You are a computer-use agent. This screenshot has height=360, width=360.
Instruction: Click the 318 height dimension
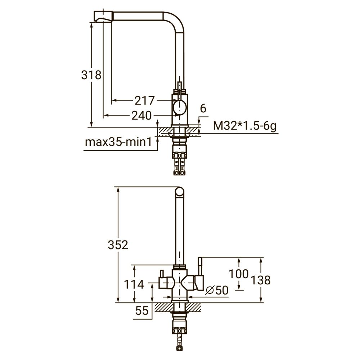pos(91,75)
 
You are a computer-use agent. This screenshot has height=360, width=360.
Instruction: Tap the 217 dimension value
pos(145,100)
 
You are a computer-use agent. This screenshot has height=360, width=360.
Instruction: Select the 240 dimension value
pos(141,116)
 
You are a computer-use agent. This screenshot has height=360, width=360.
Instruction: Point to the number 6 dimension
pos(203,108)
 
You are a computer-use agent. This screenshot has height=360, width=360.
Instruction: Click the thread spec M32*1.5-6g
pos(245,126)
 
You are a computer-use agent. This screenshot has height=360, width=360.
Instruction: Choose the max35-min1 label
pos(118,142)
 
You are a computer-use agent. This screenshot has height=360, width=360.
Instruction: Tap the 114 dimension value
pos(134,285)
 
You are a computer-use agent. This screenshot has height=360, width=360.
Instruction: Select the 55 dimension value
pos(142,311)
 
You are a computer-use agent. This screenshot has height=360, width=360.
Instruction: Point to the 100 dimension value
pos(239,274)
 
